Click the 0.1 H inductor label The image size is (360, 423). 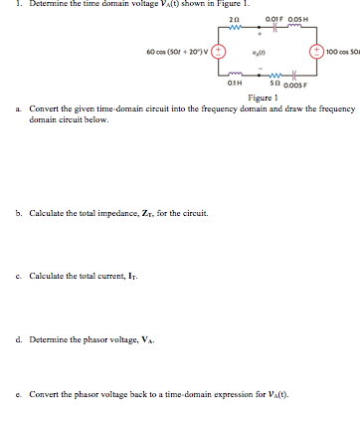231,84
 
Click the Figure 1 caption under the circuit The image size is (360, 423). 263,98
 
